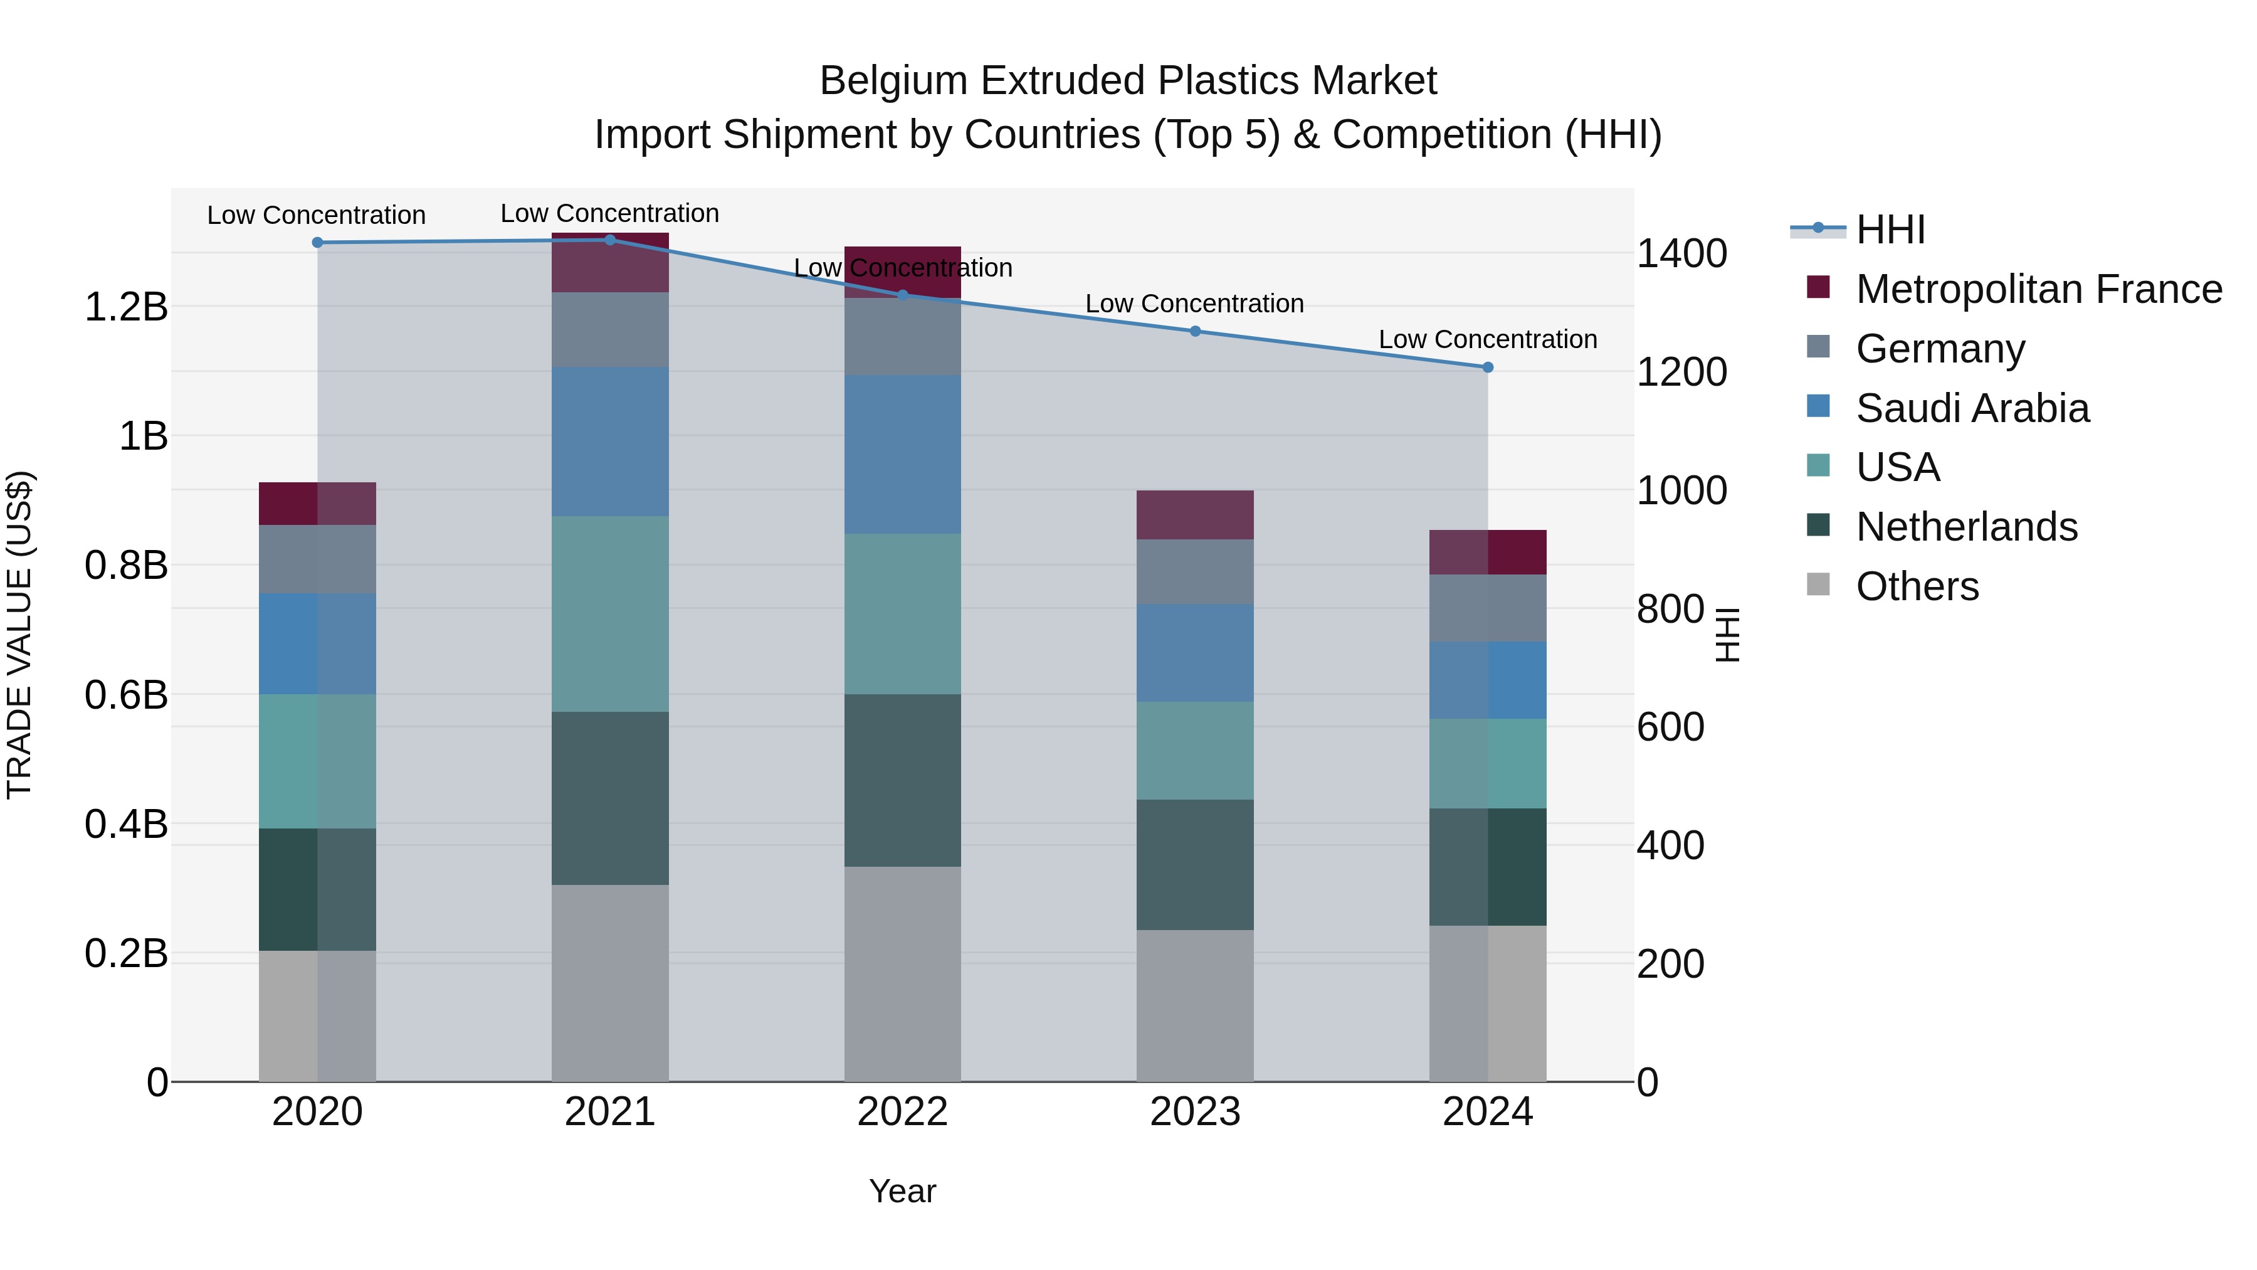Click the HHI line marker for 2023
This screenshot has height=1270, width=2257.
1195,331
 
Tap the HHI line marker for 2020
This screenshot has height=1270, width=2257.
317,243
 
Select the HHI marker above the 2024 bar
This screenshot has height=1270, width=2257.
1488,368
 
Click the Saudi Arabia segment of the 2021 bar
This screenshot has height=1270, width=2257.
610,441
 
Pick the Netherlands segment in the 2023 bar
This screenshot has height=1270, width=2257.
1195,864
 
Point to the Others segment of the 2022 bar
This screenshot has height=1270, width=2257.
902,974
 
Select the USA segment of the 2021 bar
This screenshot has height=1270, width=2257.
610,613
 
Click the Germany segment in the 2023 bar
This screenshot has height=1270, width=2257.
1195,571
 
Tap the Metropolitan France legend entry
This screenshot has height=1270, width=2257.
2038,289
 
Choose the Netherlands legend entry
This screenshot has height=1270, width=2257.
1966,527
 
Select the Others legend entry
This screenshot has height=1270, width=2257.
1917,586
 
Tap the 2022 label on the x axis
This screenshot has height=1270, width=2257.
902,1112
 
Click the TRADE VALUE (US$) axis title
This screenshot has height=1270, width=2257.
19,635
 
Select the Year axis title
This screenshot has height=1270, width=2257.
902,1191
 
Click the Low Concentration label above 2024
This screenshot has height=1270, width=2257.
1488,339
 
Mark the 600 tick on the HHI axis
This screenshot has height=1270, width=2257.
1670,728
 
